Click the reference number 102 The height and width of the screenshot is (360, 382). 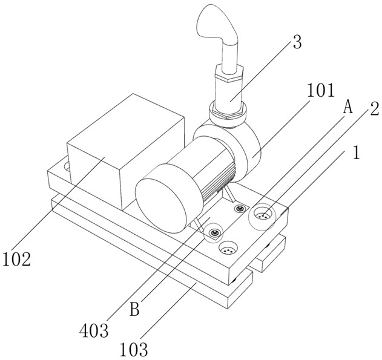tap(16, 259)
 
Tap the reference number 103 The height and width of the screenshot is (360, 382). tap(134, 350)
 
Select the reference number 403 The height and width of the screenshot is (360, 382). tap(94, 330)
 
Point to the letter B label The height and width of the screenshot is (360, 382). tap(134, 309)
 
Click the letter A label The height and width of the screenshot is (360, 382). tap(348, 107)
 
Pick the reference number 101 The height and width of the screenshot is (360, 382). tap(321, 90)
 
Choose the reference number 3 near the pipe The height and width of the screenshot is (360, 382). tap(297, 42)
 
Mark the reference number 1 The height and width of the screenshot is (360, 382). tap(357, 152)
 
